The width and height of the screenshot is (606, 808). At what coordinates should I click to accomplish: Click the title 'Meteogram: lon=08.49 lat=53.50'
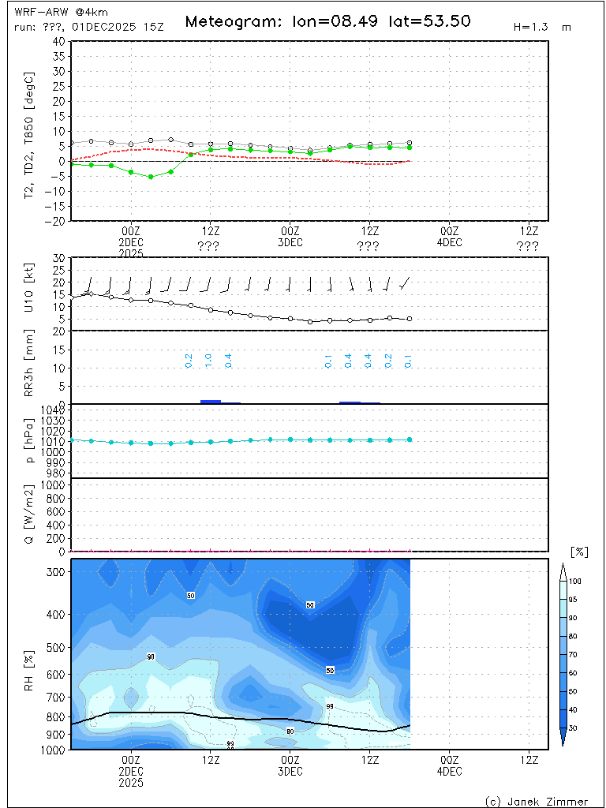pos(327,21)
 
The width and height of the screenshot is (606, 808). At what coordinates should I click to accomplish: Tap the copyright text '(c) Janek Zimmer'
pos(535,801)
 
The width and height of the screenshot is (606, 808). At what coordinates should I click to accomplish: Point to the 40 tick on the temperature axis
pos(58,41)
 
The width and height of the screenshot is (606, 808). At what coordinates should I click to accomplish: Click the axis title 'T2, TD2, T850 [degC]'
pos(31,131)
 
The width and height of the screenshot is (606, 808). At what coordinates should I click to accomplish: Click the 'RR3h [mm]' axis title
pos(31,368)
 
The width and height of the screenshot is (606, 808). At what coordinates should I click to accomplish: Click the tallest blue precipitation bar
pos(211,402)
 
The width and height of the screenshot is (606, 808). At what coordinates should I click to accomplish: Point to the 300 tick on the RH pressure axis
pos(55,571)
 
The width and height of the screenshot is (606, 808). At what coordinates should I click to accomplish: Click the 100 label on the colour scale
pos(575,581)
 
